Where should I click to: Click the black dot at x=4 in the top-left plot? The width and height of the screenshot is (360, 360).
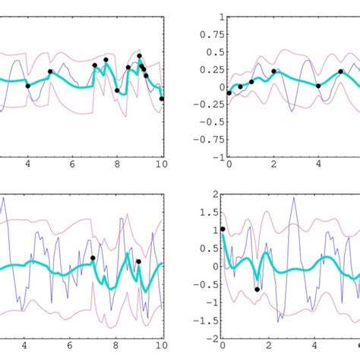(x=28, y=86)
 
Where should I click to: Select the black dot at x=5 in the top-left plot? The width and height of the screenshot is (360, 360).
(x=50, y=72)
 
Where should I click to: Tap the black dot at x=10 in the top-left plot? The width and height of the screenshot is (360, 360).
(x=162, y=99)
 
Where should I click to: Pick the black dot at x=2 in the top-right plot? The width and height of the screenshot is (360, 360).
(x=273, y=71)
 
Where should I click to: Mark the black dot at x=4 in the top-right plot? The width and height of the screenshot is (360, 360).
(x=318, y=86)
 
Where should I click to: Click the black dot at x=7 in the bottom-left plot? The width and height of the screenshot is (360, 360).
(x=93, y=258)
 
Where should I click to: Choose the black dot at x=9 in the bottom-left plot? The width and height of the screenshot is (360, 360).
(x=138, y=262)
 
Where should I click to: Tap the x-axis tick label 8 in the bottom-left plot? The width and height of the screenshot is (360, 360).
(x=116, y=346)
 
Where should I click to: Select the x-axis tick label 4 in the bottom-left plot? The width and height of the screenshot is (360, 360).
(x=28, y=346)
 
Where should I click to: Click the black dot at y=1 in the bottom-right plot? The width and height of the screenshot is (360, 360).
(x=223, y=229)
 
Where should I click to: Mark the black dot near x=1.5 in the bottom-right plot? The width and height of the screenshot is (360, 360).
(x=257, y=289)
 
